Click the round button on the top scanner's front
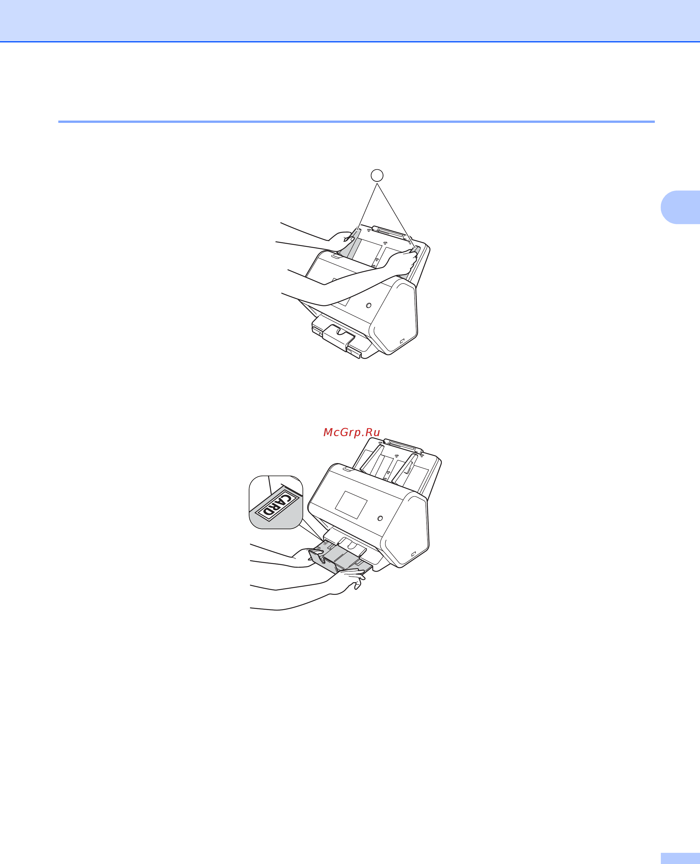(368, 305)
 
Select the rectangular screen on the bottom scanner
(351, 505)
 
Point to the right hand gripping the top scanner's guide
(401, 262)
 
